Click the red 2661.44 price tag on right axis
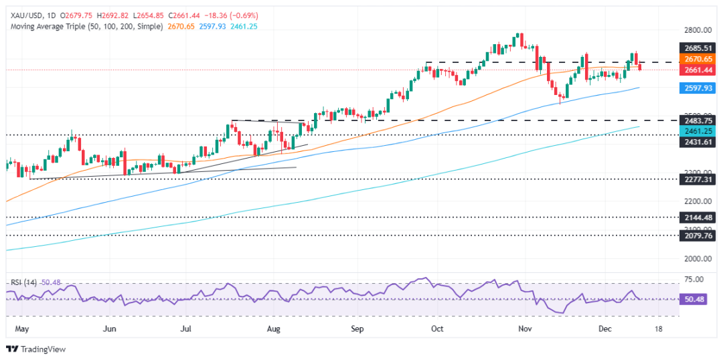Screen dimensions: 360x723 [694, 69]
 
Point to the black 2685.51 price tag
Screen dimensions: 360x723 [694, 49]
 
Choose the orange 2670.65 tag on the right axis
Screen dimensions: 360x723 [694, 59]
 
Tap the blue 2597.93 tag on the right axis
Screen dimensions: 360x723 [694, 88]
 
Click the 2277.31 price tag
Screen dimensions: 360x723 [694, 179]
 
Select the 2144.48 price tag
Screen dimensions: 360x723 [694, 217]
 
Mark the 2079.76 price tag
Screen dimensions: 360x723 [694, 236]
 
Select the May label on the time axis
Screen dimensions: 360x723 [22, 329]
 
